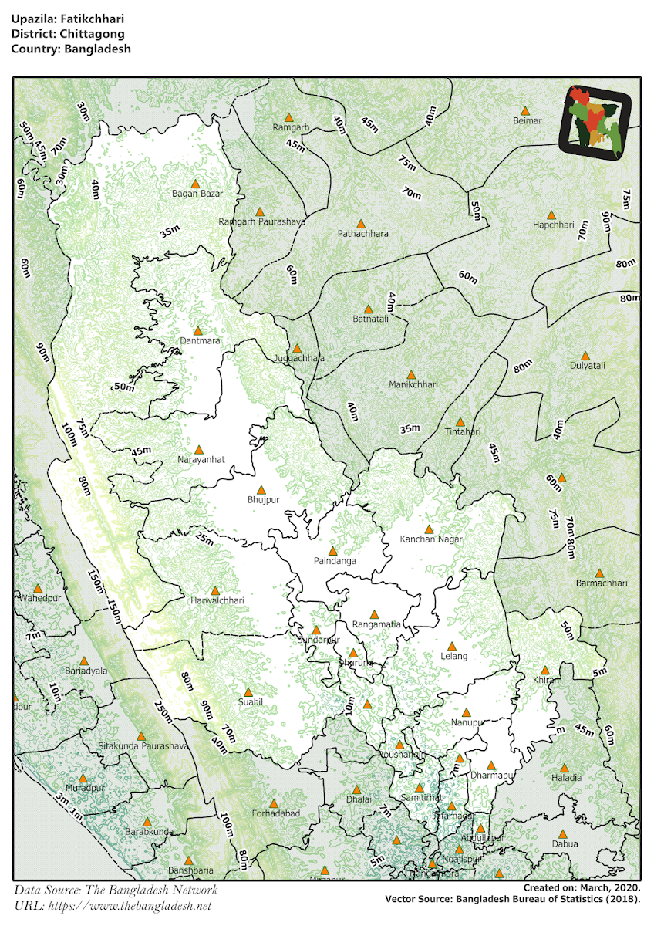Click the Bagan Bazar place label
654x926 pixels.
(197, 194)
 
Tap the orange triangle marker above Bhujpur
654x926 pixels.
(261, 490)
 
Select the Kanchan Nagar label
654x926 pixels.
(430, 539)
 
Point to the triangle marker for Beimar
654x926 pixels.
(525, 111)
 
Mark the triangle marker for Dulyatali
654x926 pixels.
(585, 356)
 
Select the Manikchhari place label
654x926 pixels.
(413, 384)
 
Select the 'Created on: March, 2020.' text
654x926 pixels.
(581, 889)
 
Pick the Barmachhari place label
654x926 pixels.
(602, 583)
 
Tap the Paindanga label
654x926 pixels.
(335, 561)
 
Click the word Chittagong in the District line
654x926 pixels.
(88, 34)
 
